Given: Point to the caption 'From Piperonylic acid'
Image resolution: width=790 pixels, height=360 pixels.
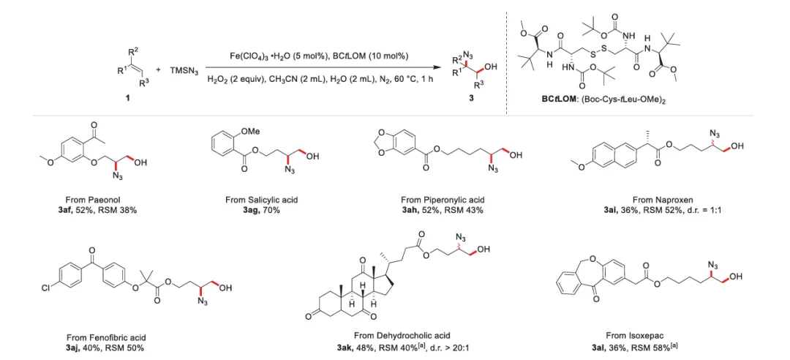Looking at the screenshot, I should click(x=443, y=200).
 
